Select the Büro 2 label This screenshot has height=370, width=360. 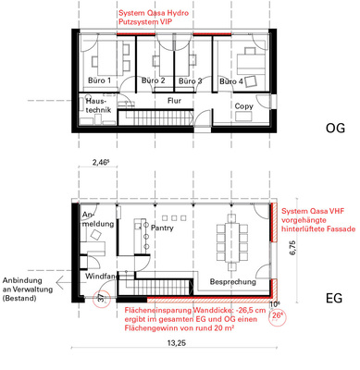click(x=153, y=81)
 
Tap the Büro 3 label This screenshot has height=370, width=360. click(x=189, y=81)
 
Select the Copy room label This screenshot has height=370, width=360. click(x=244, y=106)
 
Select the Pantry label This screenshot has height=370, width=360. click(x=163, y=226)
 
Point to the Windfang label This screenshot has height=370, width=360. click(x=101, y=276)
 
